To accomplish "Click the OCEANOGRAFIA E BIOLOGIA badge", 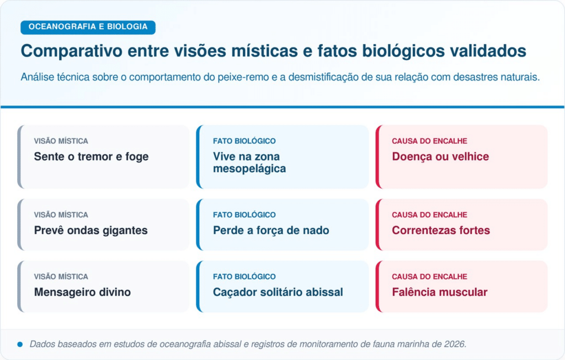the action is pos(88,27).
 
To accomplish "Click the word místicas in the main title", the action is pos(264,51).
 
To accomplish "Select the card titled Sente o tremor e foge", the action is pos(103,157).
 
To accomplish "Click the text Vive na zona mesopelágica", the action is pos(249,162).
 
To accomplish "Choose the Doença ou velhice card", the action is pos(461,157).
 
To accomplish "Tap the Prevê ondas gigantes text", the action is pos(91,230).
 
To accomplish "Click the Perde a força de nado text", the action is pos(271,230).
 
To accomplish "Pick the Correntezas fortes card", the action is pos(461,225).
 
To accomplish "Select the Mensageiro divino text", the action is pos(82,292).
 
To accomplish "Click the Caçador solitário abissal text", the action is pos(278,292).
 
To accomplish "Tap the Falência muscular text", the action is pos(440,292).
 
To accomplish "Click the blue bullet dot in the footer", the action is pos(20,345).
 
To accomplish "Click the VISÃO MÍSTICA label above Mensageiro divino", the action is pos(61,277).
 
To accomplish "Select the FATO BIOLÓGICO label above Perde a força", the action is pos(244,215).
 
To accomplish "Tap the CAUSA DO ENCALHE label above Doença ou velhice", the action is pos(429,141).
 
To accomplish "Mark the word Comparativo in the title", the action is pos(72,51).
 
